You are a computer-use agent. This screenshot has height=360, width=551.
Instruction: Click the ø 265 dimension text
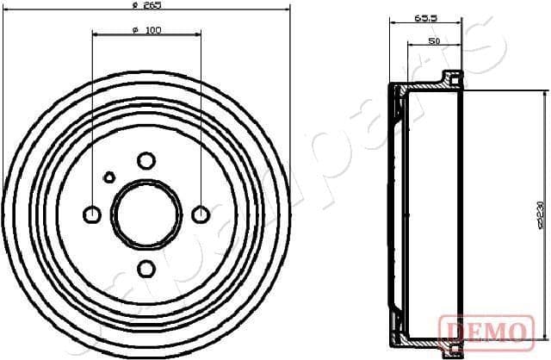(x=147, y=5)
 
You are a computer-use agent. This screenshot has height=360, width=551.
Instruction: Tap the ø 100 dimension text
(x=146, y=32)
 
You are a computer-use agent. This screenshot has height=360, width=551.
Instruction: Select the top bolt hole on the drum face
(x=146, y=160)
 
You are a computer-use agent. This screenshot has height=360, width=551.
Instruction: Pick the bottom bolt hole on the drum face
(x=146, y=269)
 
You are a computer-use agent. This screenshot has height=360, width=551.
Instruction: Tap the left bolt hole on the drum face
(x=92, y=214)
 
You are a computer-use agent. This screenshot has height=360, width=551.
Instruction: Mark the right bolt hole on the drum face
(x=201, y=214)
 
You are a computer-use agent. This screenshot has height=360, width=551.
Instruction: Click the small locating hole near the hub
(x=109, y=177)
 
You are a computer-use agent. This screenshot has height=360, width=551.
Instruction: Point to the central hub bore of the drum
(x=146, y=214)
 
